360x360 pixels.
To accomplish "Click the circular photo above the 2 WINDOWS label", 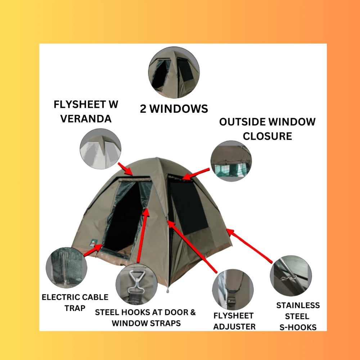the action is tap(174, 73).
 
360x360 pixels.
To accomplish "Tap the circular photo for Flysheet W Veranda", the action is tap(100, 149).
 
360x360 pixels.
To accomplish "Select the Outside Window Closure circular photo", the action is tap(231, 161).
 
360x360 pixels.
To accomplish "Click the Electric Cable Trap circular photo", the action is tap(67, 267).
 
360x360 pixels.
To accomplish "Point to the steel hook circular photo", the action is tap(136, 284).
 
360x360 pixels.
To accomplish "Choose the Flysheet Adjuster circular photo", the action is tap(233, 289).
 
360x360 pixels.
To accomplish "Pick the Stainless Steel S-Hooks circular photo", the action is tap(291, 276).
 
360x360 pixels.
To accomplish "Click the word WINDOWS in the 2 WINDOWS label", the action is tap(179, 109).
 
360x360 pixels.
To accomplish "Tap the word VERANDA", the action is tap(86, 119).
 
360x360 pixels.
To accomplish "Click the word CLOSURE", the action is tap(267, 136).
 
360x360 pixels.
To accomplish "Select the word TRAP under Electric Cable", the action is tap(75, 308).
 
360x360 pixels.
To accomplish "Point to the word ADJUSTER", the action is tap(234, 327).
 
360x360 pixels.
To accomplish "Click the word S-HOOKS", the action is tap(298, 327).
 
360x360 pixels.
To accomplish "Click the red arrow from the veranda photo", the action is tap(125, 169).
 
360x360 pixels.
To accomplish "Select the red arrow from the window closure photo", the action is tap(196, 174).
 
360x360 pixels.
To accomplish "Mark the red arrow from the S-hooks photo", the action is tap(249, 246).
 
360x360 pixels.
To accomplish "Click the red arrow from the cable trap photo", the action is tap(93, 250).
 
